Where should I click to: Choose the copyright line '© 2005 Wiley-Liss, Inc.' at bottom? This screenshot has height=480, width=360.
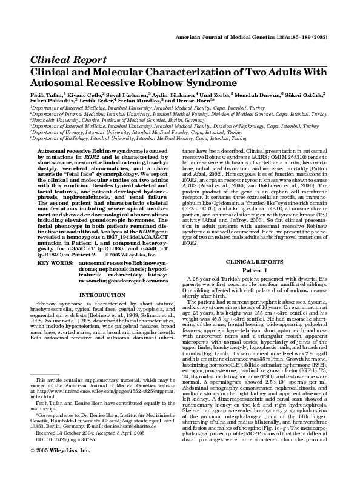55,435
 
